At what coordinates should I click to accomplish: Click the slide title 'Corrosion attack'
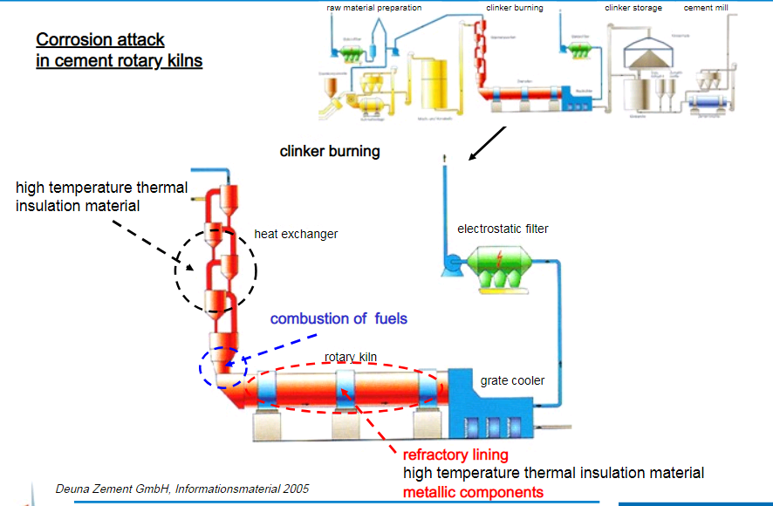[100, 40]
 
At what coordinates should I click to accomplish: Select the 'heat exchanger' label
[295, 234]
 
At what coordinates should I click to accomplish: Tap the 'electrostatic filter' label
[503, 229]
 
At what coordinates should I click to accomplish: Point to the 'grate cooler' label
[512, 380]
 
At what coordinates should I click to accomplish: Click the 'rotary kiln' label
[350, 357]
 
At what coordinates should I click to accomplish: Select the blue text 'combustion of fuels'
[339, 318]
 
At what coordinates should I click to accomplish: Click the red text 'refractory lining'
[455, 455]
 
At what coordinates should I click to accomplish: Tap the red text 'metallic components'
[472, 492]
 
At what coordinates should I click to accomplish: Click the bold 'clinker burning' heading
[329, 151]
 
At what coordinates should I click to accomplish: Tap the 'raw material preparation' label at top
[373, 8]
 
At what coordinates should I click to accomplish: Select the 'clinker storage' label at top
[633, 8]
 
